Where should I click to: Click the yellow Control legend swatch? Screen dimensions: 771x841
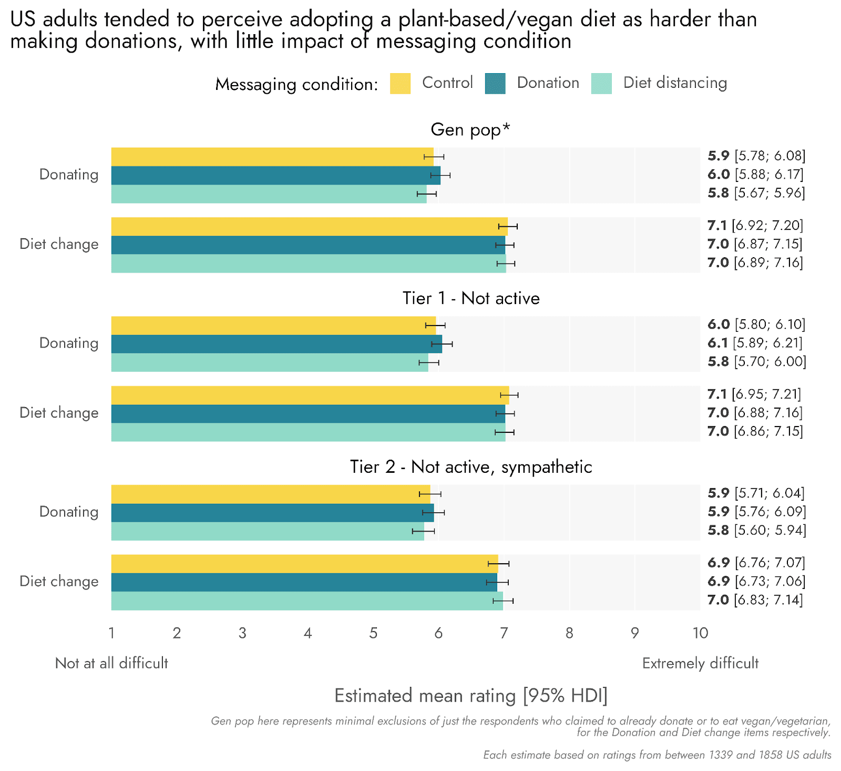click(400, 84)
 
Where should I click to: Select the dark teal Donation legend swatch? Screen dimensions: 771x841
click(495, 84)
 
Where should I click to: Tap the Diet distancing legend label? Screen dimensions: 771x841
click(675, 83)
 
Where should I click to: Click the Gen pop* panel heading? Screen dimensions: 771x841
click(470, 129)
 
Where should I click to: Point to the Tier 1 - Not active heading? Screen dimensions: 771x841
click(471, 298)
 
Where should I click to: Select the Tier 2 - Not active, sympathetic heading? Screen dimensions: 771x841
click(471, 466)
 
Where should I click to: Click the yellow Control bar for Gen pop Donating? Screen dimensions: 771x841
click(272, 157)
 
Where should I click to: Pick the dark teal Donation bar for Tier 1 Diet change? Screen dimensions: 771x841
click(307, 413)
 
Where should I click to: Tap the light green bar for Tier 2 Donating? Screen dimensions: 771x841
click(267, 531)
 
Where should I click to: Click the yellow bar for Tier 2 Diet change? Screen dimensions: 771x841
click(304, 564)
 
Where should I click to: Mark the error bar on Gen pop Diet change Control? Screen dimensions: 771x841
click(508, 226)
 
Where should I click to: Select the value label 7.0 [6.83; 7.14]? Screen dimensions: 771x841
click(755, 600)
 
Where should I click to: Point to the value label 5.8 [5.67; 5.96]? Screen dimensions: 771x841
click(756, 193)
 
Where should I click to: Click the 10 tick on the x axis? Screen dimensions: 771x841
click(700, 633)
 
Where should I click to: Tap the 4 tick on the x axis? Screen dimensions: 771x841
click(307, 633)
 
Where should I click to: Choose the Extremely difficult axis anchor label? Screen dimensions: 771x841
click(700, 663)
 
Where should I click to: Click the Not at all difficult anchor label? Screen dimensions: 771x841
click(111, 663)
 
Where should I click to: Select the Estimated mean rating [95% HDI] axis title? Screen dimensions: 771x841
click(471, 695)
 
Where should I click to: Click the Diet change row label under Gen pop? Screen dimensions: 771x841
click(59, 244)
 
